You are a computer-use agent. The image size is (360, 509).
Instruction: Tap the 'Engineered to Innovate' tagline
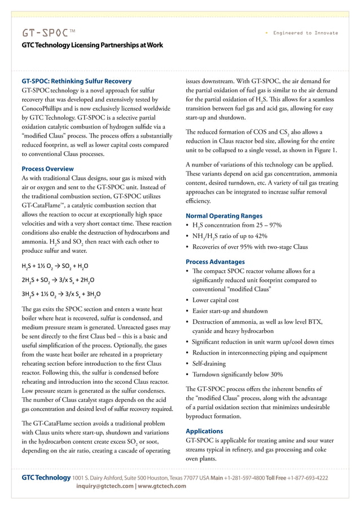(305, 33)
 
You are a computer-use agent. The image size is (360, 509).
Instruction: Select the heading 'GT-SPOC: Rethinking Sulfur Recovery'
(76, 80)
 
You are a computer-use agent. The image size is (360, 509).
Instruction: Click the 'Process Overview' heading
(47, 169)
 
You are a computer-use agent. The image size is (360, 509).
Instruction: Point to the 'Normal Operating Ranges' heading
(224, 216)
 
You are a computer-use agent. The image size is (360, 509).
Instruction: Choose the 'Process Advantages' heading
(215, 262)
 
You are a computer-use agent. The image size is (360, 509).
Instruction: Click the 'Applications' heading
(205, 431)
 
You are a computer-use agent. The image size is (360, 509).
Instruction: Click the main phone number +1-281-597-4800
(244, 477)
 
